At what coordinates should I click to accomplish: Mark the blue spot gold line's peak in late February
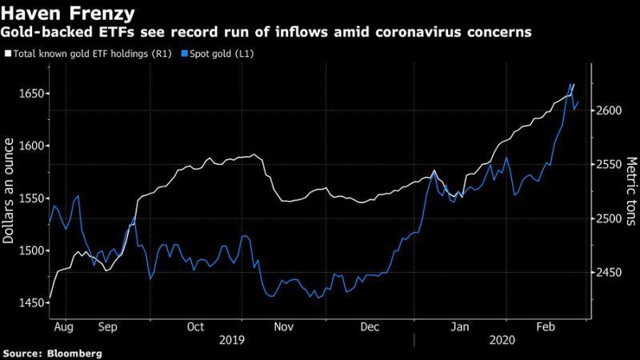click(571, 84)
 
